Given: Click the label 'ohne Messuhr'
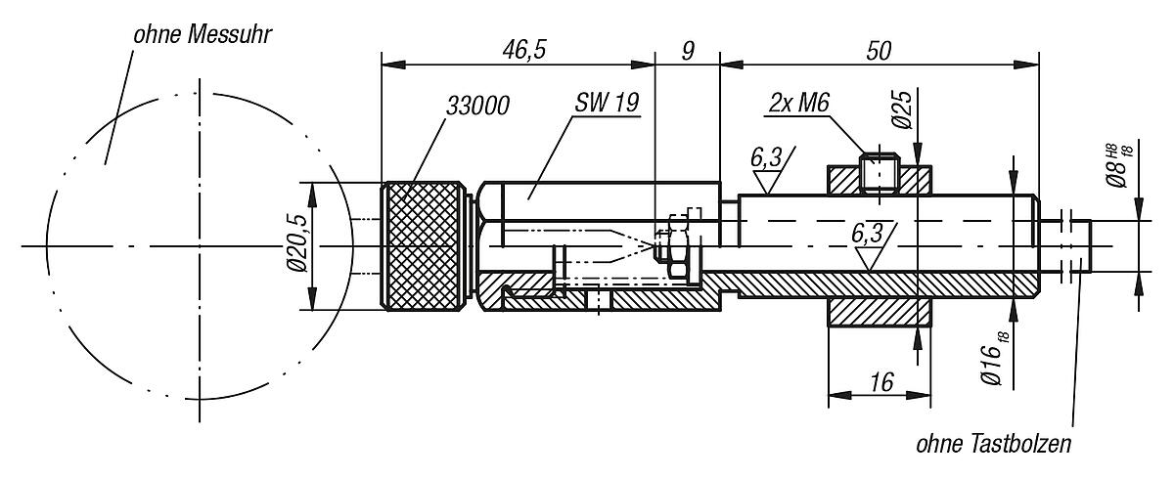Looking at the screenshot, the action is [x=203, y=35].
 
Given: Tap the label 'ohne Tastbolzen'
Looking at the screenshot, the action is [x=994, y=444].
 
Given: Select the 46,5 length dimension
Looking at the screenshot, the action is [x=524, y=50].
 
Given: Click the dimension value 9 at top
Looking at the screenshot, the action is [x=688, y=51].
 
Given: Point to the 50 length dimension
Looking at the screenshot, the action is [x=879, y=51].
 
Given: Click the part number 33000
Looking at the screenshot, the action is [x=477, y=107].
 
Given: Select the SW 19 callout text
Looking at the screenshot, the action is [x=607, y=102].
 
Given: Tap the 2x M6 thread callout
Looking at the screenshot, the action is [x=798, y=103].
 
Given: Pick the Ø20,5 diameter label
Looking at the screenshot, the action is [x=297, y=242].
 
